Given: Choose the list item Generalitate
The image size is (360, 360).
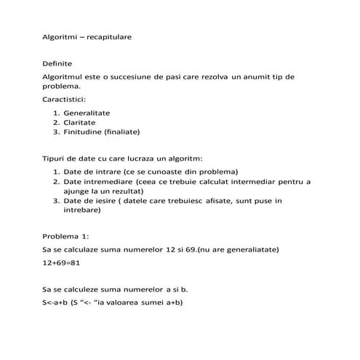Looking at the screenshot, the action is pyautogui.click(x=87, y=113).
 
